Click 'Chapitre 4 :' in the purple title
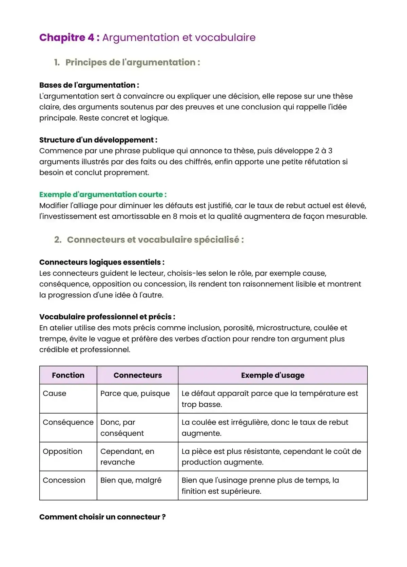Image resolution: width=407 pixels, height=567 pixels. [x=69, y=37]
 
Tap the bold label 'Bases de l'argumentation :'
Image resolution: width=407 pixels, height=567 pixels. [x=89, y=85]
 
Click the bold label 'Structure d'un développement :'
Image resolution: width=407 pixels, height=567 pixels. [x=98, y=140]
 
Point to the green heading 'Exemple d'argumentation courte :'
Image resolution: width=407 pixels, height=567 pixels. [x=103, y=195]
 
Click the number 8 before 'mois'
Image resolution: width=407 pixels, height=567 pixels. [x=175, y=216]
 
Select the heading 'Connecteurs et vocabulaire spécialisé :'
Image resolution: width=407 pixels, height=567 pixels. [x=155, y=240]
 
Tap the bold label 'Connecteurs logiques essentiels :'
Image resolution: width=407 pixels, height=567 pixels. [x=102, y=262]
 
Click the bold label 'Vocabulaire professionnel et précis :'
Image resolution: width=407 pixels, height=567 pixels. [x=107, y=317]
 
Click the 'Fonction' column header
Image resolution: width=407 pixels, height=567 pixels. [x=68, y=375]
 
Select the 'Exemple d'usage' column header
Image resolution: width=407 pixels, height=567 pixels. [x=273, y=375]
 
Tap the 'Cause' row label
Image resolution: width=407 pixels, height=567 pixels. [x=55, y=394]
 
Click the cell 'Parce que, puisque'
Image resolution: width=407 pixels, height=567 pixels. [x=135, y=394]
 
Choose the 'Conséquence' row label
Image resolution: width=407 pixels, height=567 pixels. [x=68, y=422]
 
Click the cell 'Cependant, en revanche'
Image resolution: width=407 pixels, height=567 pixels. [x=127, y=457]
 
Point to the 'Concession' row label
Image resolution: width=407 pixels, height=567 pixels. [x=64, y=480]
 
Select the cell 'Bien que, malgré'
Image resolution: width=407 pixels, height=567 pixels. [x=131, y=480]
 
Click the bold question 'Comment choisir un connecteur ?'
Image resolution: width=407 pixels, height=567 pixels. [x=102, y=517]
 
